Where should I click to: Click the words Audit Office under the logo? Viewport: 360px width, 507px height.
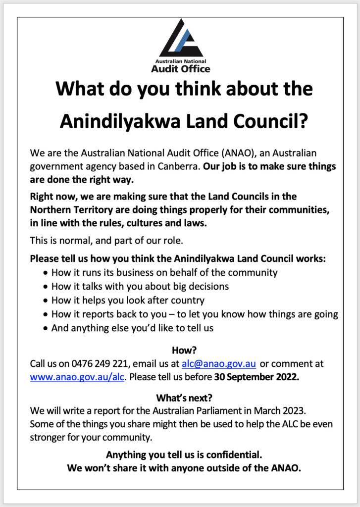click(x=180, y=69)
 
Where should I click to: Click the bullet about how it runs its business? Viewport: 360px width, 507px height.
click(x=164, y=272)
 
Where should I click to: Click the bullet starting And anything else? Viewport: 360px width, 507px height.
click(x=132, y=328)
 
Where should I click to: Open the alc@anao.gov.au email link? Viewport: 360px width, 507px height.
click(x=218, y=364)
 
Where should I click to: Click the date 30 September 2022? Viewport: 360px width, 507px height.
click(x=257, y=377)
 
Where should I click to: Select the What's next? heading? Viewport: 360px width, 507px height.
click(x=180, y=398)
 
